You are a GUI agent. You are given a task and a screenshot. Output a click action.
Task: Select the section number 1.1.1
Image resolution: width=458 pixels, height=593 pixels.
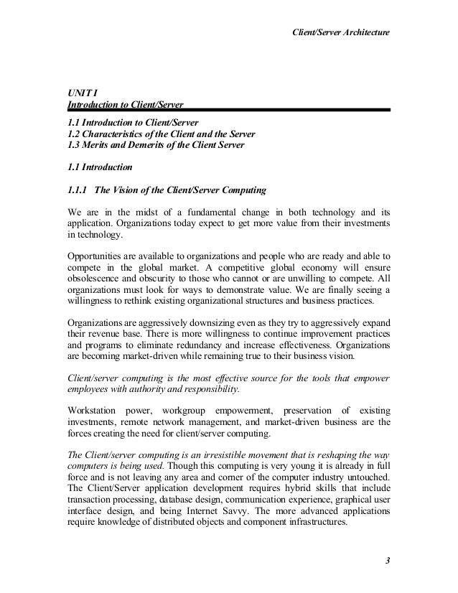77,190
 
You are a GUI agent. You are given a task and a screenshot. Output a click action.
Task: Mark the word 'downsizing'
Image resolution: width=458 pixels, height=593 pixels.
210,322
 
